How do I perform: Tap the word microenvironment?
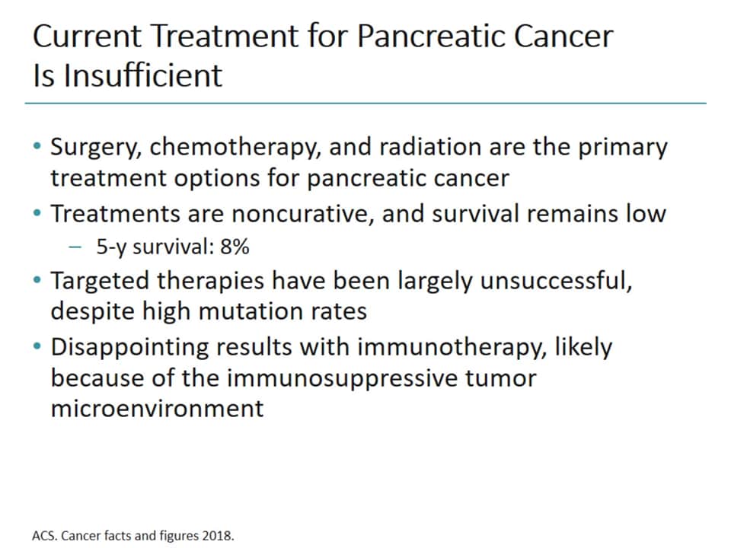pyautogui.click(x=157, y=408)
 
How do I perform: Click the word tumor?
pyautogui.click(x=502, y=378)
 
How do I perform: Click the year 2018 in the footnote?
pyautogui.click(x=219, y=535)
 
